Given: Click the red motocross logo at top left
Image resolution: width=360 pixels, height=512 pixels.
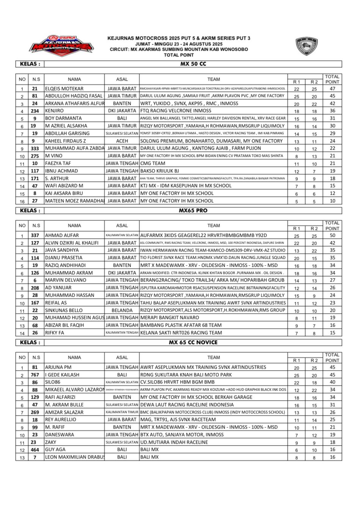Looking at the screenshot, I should click(62, 44).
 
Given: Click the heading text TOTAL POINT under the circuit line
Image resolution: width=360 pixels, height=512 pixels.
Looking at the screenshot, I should click(179, 55).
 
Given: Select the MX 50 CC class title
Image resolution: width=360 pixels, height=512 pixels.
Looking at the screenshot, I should click(193, 64).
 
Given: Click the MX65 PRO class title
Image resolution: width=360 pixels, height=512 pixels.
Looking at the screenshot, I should click(193, 211).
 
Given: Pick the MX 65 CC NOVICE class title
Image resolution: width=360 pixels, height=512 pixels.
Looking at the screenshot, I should click(193, 343).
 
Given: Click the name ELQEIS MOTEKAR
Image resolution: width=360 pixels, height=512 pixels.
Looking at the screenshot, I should click(64, 89).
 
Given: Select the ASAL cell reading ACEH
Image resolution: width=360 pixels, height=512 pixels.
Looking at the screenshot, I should click(122, 141).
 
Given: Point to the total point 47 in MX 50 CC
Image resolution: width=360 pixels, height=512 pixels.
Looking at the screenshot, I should click(332, 89).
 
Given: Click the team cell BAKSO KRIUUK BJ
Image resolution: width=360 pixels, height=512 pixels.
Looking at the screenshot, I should click(160, 171).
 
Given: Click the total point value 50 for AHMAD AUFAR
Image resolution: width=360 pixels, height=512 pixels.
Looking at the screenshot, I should click(332, 235).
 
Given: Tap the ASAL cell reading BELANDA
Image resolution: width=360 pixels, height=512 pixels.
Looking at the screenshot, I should click(122, 310).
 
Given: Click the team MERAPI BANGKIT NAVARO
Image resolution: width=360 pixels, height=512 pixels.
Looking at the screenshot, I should click(170, 318).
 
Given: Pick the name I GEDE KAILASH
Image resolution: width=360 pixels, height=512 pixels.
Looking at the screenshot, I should click(62, 375).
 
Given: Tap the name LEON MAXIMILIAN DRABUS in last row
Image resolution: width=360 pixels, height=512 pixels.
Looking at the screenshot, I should click(74, 457).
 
